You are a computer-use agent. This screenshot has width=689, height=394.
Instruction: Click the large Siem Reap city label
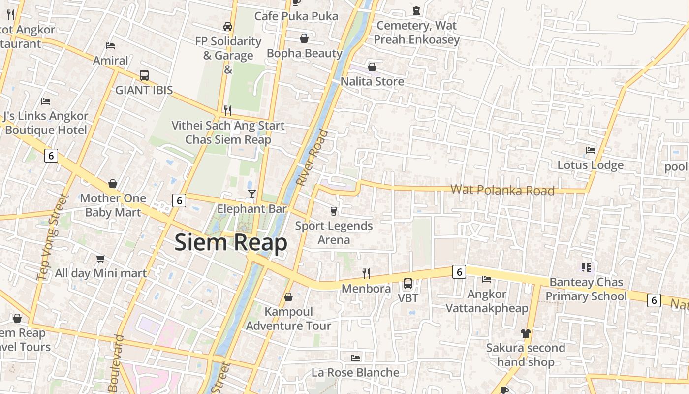click(x=231, y=243)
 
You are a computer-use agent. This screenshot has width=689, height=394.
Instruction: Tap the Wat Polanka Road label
click(x=502, y=190)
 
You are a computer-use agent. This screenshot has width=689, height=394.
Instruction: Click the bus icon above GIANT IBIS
click(x=144, y=75)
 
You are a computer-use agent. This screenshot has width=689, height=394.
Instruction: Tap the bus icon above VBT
click(x=408, y=284)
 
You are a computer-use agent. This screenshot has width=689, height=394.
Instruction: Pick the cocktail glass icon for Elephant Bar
click(x=252, y=194)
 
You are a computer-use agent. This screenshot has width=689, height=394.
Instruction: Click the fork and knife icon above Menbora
click(x=366, y=273)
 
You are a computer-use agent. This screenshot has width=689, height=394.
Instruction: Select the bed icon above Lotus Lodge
click(x=591, y=150)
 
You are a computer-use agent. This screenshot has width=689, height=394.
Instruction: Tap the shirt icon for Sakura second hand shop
click(x=526, y=333)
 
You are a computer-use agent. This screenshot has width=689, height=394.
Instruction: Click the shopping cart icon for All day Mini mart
click(x=101, y=259)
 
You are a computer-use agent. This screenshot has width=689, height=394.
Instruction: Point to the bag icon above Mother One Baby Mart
click(x=113, y=184)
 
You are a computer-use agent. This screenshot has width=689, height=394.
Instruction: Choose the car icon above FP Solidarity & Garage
click(x=227, y=26)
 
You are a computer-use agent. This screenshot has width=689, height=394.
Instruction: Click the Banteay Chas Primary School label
click(x=586, y=289)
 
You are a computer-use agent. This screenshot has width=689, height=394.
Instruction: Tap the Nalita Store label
click(x=373, y=81)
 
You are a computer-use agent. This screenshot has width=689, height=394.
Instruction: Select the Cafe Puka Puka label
click(x=296, y=16)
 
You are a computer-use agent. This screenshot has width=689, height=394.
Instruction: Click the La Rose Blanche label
click(x=355, y=372)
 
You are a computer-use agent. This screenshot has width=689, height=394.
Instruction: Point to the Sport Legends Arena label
click(x=334, y=233)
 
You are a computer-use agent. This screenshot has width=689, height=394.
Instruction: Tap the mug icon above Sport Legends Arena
click(x=334, y=211)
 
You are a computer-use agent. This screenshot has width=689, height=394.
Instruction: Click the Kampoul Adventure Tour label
click(x=288, y=319)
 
